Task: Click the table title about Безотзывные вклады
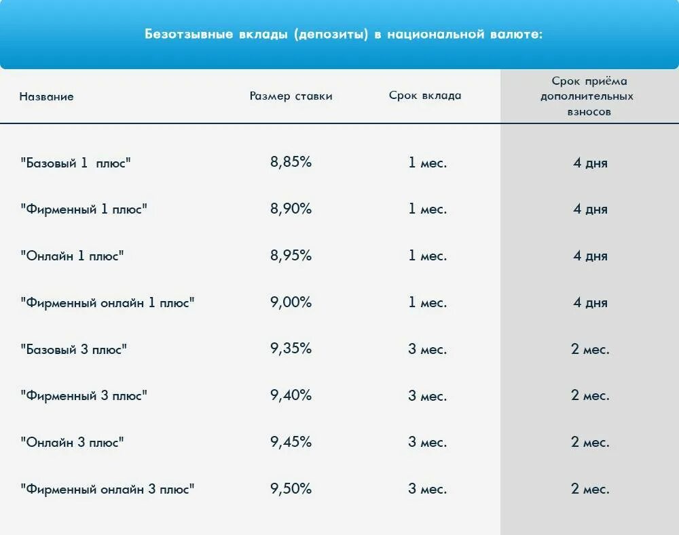pyautogui.click(x=344, y=35)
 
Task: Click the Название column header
pyautogui.click(x=46, y=96)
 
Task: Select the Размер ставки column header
pyautogui.click(x=291, y=96)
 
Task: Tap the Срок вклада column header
pyautogui.click(x=425, y=96)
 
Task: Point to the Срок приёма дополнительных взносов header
pyautogui.click(x=589, y=96)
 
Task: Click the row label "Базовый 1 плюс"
pyautogui.click(x=75, y=163)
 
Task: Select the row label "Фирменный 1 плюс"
pyautogui.click(x=84, y=210)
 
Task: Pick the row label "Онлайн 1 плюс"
pyautogui.click(x=73, y=256)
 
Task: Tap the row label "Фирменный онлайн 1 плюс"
pyautogui.click(x=108, y=303)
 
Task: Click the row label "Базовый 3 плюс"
pyautogui.click(x=74, y=350)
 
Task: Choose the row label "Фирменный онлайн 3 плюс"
pyautogui.click(x=108, y=489)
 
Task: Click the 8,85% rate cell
pyautogui.click(x=291, y=163)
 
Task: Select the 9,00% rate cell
pyautogui.click(x=291, y=303)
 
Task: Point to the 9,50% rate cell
pyautogui.click(x=291, y=489)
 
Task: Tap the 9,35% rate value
pyautogui.click(x=291, y=350)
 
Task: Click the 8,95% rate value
pyautogui.click(x=291, y=256)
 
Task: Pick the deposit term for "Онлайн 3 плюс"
pyautogui.click(x=427, y=443)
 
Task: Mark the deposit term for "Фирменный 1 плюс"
pyautogui.click(x=427, y=210)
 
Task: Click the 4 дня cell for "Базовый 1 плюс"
pyautogui.click(x=590, y=163)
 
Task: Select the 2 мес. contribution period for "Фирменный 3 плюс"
pyautogui.click(x=590, y=396)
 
